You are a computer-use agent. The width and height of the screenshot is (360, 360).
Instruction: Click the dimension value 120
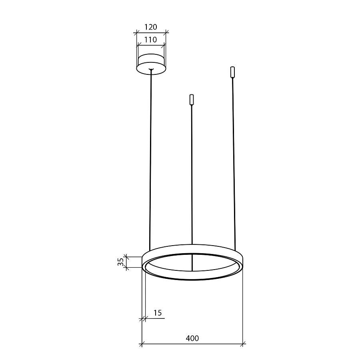point(151,27)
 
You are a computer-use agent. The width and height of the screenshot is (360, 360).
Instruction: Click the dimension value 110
point(151,40)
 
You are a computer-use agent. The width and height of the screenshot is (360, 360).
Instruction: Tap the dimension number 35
point(120,262)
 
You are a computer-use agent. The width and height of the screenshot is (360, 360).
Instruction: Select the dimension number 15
point(158,313)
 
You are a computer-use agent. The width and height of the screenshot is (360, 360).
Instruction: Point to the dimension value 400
point(192,338)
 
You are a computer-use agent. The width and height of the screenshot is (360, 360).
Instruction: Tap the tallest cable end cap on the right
point(232,72)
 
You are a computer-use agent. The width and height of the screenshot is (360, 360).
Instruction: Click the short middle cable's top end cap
point(192,99)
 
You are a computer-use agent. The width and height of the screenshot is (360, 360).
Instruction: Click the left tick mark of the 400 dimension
point(142,344)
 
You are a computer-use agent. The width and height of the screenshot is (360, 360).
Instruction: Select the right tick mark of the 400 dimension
point(243,344)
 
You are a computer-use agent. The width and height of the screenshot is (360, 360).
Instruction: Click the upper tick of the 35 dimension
point(126,255)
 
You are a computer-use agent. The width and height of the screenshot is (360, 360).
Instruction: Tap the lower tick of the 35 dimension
point(126,269)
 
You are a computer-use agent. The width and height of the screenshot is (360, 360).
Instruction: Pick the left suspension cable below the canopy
point(150,160)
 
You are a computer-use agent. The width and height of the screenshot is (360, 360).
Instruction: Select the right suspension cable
point(234,160)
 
